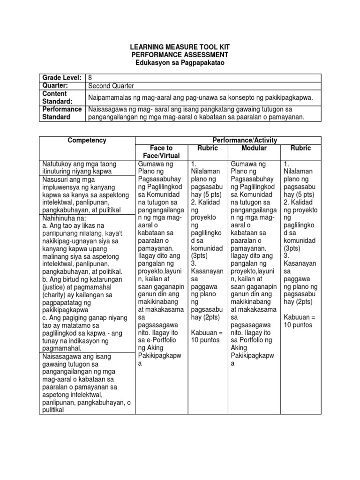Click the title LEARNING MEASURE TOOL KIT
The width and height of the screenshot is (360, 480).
(180, 47)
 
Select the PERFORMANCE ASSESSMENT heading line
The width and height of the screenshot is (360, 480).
(180, 55)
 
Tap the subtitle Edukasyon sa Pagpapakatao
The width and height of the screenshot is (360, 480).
(180, 62)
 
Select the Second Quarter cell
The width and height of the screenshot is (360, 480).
(110, 86)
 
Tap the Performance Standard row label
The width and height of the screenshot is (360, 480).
(60, 113)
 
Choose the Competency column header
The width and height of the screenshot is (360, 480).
(87, 140)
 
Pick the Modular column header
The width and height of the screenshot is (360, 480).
(254, 148)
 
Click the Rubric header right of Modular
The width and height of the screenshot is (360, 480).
(301, 148)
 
